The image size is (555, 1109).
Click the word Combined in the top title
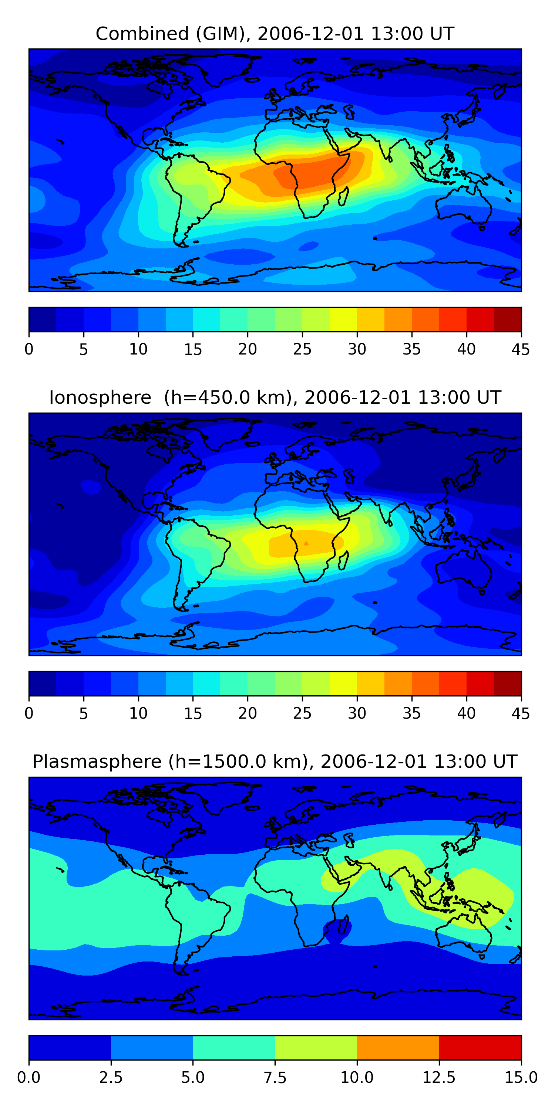click(142, 34)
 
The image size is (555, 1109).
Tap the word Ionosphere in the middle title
click(100, 397)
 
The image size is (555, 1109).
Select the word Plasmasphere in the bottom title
click(97, 762)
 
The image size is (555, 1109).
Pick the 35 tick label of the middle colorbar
click(411, 713)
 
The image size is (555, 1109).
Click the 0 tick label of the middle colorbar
click(29, 713)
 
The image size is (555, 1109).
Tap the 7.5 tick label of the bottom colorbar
click(275, 1078)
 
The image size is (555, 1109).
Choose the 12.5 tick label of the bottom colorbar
click(439, 1078)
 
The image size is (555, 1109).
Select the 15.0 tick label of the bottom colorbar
click(521, 1078)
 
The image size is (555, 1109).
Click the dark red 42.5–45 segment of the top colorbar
click(508, 319)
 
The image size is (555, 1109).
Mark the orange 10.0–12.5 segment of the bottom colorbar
click(398, 1047)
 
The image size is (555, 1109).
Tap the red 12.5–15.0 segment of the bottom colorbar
click(480, 1047)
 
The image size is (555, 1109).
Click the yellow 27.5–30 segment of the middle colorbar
click(343, 684)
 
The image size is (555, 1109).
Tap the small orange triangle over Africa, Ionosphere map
click(306, 543)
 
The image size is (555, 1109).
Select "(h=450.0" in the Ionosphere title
click(207, 397)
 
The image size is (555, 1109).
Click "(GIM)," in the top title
click(223, 34)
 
